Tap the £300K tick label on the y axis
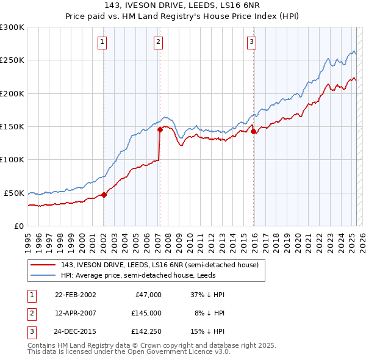pos(12,27)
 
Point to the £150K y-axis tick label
pos(12,126)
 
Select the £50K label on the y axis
pos(14,193)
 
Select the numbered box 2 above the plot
pos(158,42)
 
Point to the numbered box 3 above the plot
pos(251,42)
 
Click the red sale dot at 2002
pos(104,195)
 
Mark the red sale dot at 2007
pos(160,129)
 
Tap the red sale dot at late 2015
pos(253,131)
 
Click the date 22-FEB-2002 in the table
pos(76,295)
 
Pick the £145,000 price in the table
pos(146,313)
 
